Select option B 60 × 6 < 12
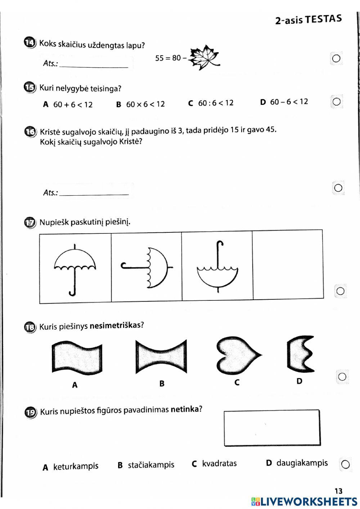(141, 104)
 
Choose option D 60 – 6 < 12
(284, 102)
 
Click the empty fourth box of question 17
(288, 265)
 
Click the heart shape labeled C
(238, 355)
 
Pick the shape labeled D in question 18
(300, 354)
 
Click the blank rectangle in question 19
(272, 428)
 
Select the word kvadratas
(219, 464)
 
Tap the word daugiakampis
(302, 463)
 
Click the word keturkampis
(76, 466)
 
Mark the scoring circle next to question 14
(336, 58)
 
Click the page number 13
(338, 491)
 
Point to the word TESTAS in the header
(323, 19)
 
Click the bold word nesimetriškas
(115, 326)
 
